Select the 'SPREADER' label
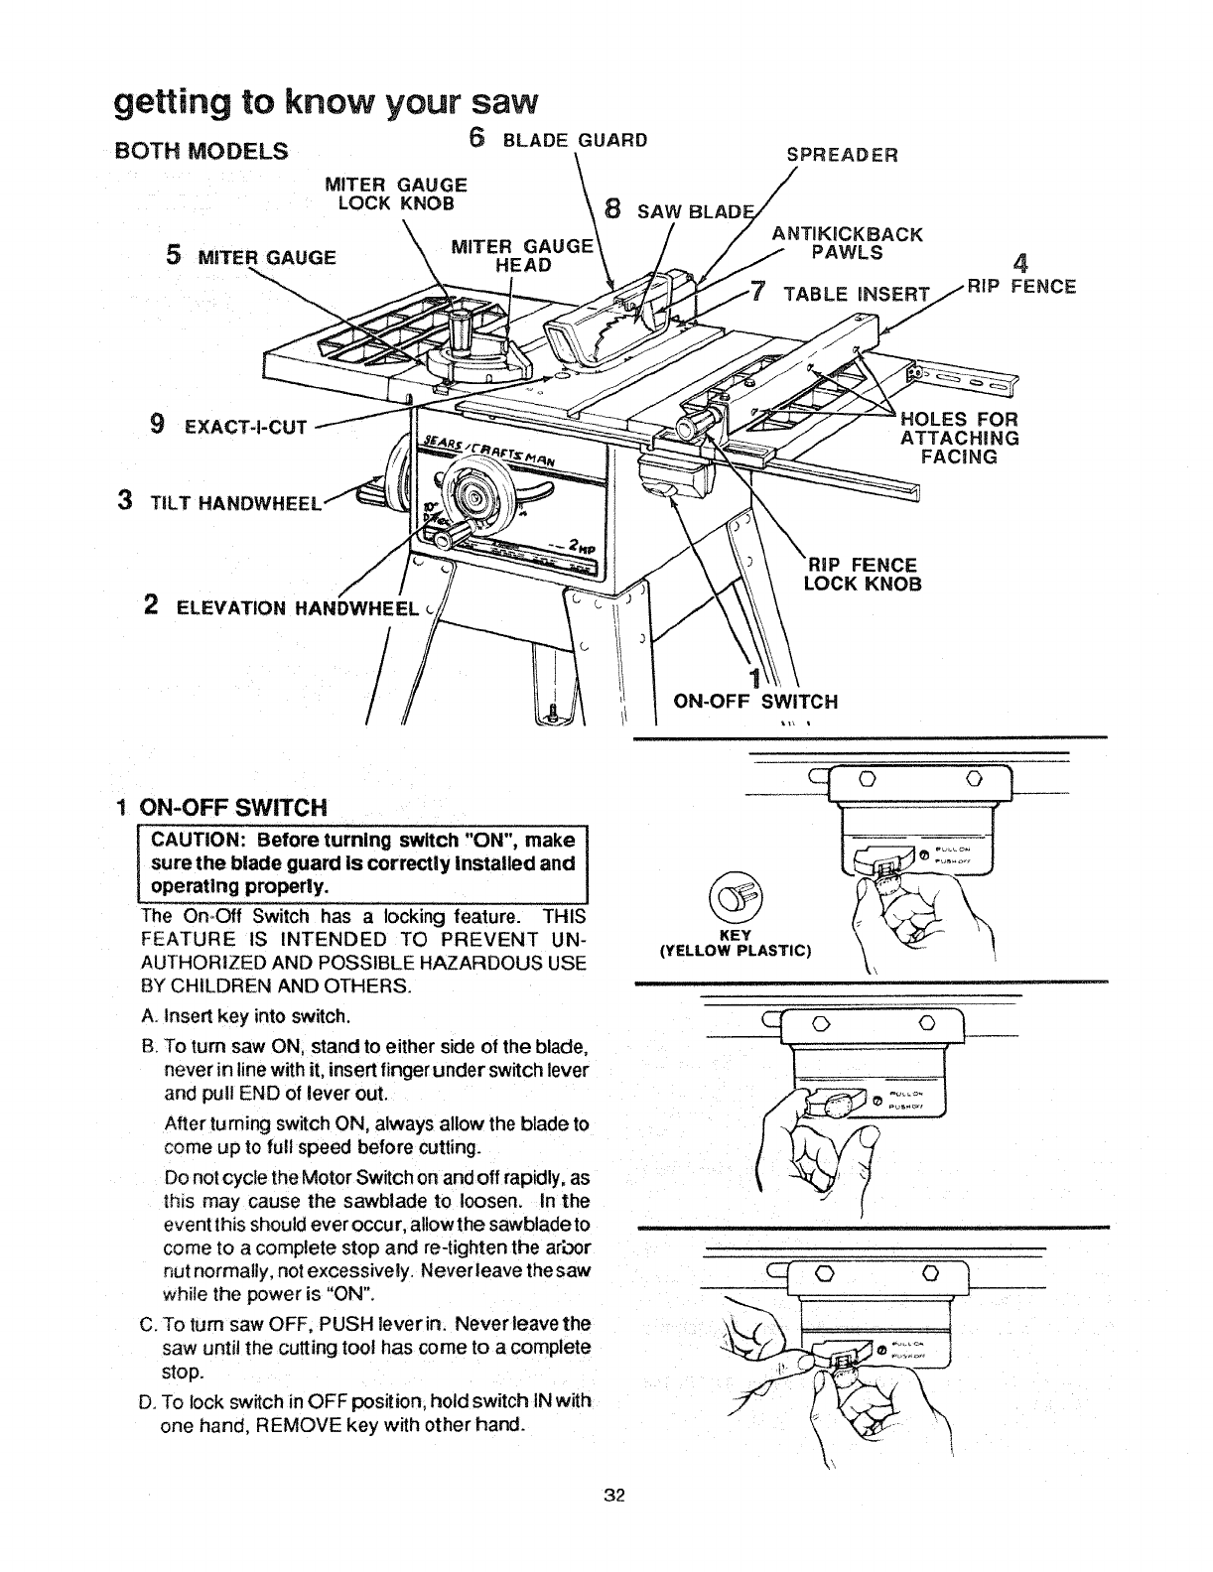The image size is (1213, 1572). [842, 155]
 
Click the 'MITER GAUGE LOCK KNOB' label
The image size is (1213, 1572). [396, 194]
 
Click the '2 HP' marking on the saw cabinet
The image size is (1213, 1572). [581, 549]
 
